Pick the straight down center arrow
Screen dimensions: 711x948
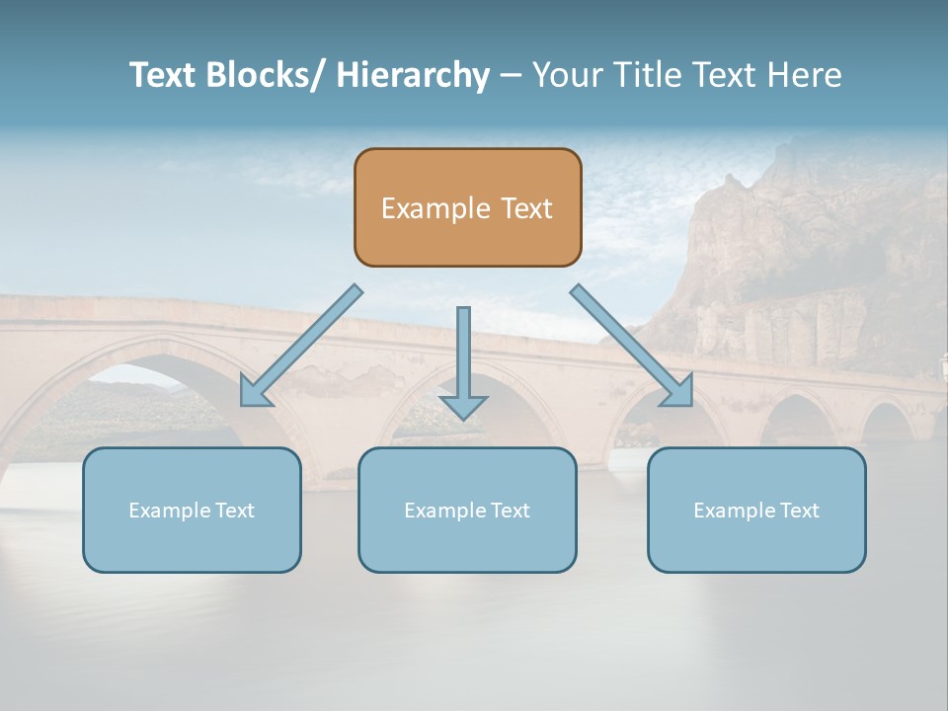click(463, 355)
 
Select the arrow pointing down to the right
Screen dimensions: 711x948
click(632, 346)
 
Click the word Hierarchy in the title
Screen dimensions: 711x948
click(413, 75)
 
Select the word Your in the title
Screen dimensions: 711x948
click(567, 75)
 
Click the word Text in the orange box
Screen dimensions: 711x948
click(525, 209)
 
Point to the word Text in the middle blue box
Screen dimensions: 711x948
click(510, 511)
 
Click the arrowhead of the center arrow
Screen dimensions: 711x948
click(463, 406)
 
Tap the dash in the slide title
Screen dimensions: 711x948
click(511, 76)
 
